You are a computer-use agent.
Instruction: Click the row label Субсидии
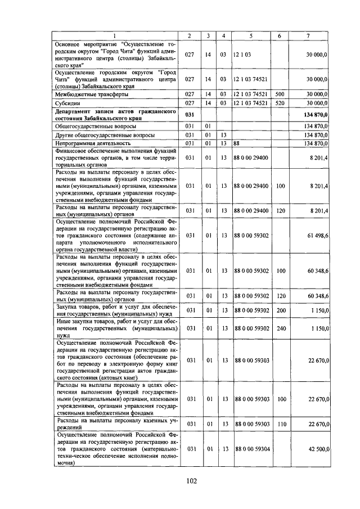click(x=67, y=103)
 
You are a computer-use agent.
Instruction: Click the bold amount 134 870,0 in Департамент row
click(x=314, y=115)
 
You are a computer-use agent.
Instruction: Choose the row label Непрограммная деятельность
click(x=91, y=143)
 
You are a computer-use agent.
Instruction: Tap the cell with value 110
click(x=280, y=424)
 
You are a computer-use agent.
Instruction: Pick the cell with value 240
click(x=280, y=328)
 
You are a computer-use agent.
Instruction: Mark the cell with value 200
click(x=280, y=310)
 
